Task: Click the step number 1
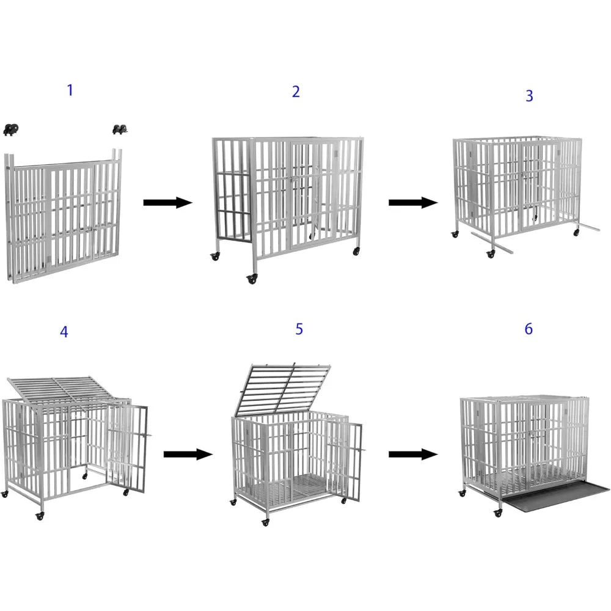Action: click(70, 90)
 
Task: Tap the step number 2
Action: click(296, 92)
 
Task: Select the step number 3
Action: click(529, 96)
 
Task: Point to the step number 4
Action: click(64, 332)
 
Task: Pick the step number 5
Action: click(299, 329)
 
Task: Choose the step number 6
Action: click(529, 329)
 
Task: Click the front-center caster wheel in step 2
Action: click(251, 279)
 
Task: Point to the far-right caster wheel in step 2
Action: click(356, 251)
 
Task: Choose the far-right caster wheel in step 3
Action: click(576, 233)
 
